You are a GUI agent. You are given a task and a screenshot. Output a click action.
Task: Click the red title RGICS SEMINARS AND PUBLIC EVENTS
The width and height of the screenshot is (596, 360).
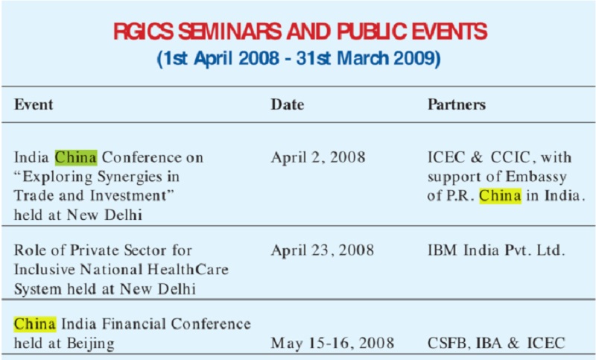[x=300, y=31]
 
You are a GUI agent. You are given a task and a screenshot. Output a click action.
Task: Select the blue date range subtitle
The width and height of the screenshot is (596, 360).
[x=299, y=59]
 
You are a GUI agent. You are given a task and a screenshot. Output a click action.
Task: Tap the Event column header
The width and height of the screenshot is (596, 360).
[x=34, y=104]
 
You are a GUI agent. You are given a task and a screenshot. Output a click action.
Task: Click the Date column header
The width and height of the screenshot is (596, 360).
[x=288, y=104]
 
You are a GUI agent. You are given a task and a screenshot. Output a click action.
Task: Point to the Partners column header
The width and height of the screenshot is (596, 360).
[x=457, y=104]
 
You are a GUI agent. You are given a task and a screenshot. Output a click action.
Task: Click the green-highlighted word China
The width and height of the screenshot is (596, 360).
[x=76, y=157]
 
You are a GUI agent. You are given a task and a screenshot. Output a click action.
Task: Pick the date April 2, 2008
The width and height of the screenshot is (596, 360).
[x=318, y=157]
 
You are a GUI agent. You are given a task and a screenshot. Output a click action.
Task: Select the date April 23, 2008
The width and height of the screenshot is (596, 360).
[x=323, y=250]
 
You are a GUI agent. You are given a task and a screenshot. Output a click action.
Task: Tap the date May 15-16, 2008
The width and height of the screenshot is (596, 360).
[x=332, y=343]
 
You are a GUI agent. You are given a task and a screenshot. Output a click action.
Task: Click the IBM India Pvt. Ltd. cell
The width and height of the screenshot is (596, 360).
[x=496, y=250]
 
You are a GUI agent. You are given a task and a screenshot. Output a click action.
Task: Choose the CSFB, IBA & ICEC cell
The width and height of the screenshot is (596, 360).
[x=496, y=343]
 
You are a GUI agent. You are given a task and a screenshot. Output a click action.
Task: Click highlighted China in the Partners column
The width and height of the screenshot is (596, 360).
[x=500, y=196]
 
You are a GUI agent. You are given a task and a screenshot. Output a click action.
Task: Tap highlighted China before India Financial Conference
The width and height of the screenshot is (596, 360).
[x=35, y=324]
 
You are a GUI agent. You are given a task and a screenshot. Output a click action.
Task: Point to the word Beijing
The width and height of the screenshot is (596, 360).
[x=91, y=344]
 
